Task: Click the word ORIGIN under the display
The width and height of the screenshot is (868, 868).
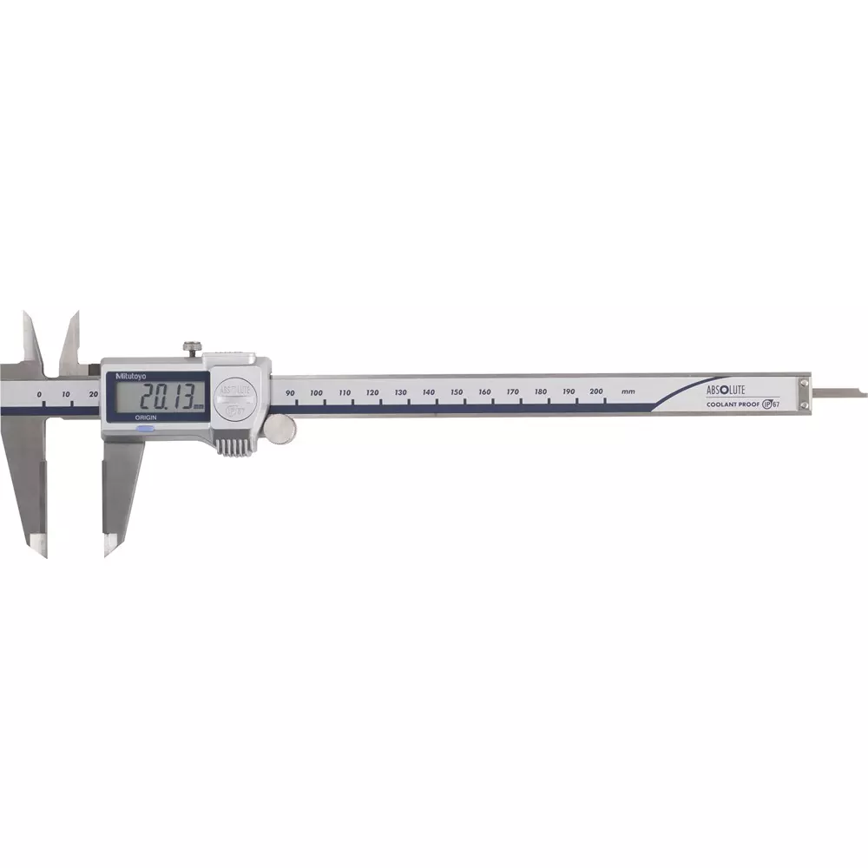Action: (144, 418)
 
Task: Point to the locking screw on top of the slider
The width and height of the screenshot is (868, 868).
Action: (192, 348)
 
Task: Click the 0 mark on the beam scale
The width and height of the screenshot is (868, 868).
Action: (39, 395)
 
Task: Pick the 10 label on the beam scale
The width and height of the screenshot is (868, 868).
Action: (66, 395)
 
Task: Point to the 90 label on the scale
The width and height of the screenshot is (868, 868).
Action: (291, 393)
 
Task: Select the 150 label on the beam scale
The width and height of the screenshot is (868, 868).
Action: (457, 392)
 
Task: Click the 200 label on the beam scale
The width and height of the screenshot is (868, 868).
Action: (596, 391)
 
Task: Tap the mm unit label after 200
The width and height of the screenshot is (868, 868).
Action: (628, 391)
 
